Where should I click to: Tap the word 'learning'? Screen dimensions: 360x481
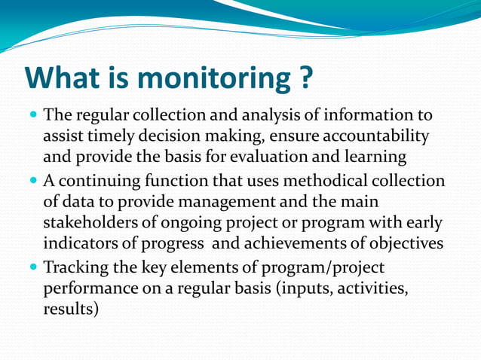(x=375, y=157)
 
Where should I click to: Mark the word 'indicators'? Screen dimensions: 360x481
(x=80, y=245)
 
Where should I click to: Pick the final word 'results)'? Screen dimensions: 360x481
(x=71, y=310)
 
